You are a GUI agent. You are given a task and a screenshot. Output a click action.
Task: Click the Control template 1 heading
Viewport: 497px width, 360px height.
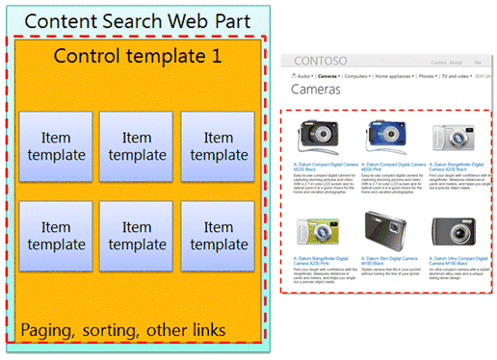(138, 56)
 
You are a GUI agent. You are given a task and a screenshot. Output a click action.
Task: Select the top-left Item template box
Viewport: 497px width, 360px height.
(56, 147)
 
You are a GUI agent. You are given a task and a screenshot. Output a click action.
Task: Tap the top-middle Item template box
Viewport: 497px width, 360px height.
(137, 147)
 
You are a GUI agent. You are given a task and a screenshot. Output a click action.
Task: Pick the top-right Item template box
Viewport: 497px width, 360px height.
(218, 147)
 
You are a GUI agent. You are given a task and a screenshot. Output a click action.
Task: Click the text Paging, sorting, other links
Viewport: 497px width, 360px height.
(122, 330)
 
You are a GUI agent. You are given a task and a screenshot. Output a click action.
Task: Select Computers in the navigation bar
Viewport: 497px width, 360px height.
(367, 74)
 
